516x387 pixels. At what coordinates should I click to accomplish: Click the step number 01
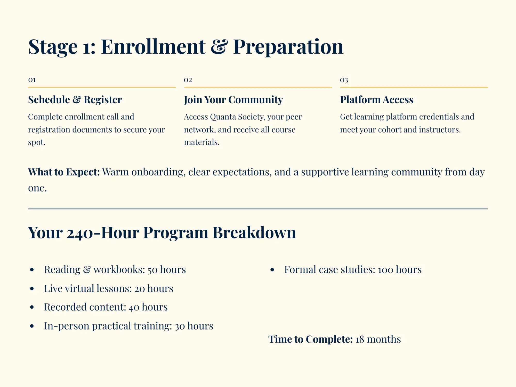[x=32, y=80]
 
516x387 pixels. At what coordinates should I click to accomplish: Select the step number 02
[x=188, y=80]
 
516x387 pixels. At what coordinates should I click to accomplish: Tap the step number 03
[x=344, y=80]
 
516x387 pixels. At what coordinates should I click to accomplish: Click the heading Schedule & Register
[x=75, y=100]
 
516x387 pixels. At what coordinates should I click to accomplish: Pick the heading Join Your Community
[x=233, y=100]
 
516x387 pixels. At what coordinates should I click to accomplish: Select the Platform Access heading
[x=376, y=100]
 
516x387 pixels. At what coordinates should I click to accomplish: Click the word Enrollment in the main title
[x=153, y=47]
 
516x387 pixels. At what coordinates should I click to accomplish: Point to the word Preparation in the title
[x=288, y=47]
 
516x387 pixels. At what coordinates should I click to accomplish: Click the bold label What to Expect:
[x=64, y=172]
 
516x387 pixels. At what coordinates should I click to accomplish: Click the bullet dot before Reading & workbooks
[x=32, y=270]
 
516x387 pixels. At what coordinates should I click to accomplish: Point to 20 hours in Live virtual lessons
[x=154, y=288]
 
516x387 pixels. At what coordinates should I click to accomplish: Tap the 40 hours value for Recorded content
[x=148, y=307]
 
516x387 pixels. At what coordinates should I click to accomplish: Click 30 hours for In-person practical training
[x=194, y=326]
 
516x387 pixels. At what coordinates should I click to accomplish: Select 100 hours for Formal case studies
[x=400, y=270]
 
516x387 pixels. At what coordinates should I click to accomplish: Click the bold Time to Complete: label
[x=310, y=339]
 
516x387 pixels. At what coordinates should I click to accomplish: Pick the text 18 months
[x=378, y=339]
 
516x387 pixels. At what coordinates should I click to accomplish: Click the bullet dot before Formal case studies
[x=272, y=270]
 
